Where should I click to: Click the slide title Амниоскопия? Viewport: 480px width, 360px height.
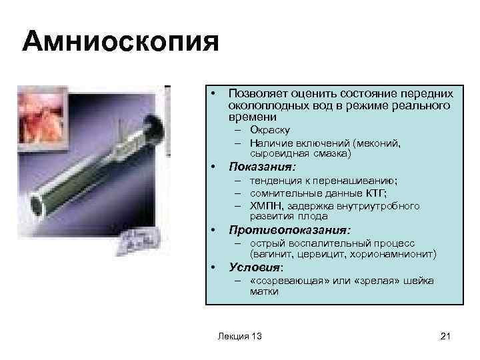click(120, 43)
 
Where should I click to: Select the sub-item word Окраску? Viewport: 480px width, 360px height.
click(270, 129)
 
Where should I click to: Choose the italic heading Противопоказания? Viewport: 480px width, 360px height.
click(289, 231)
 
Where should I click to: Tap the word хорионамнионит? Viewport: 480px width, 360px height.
click(400, 254)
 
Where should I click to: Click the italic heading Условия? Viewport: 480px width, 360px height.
click(255, 267)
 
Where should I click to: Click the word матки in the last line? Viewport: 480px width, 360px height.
click(264, 291)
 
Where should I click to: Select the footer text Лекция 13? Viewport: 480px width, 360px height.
click(239, 336)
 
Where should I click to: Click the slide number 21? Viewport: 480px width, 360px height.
click(446, 336)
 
